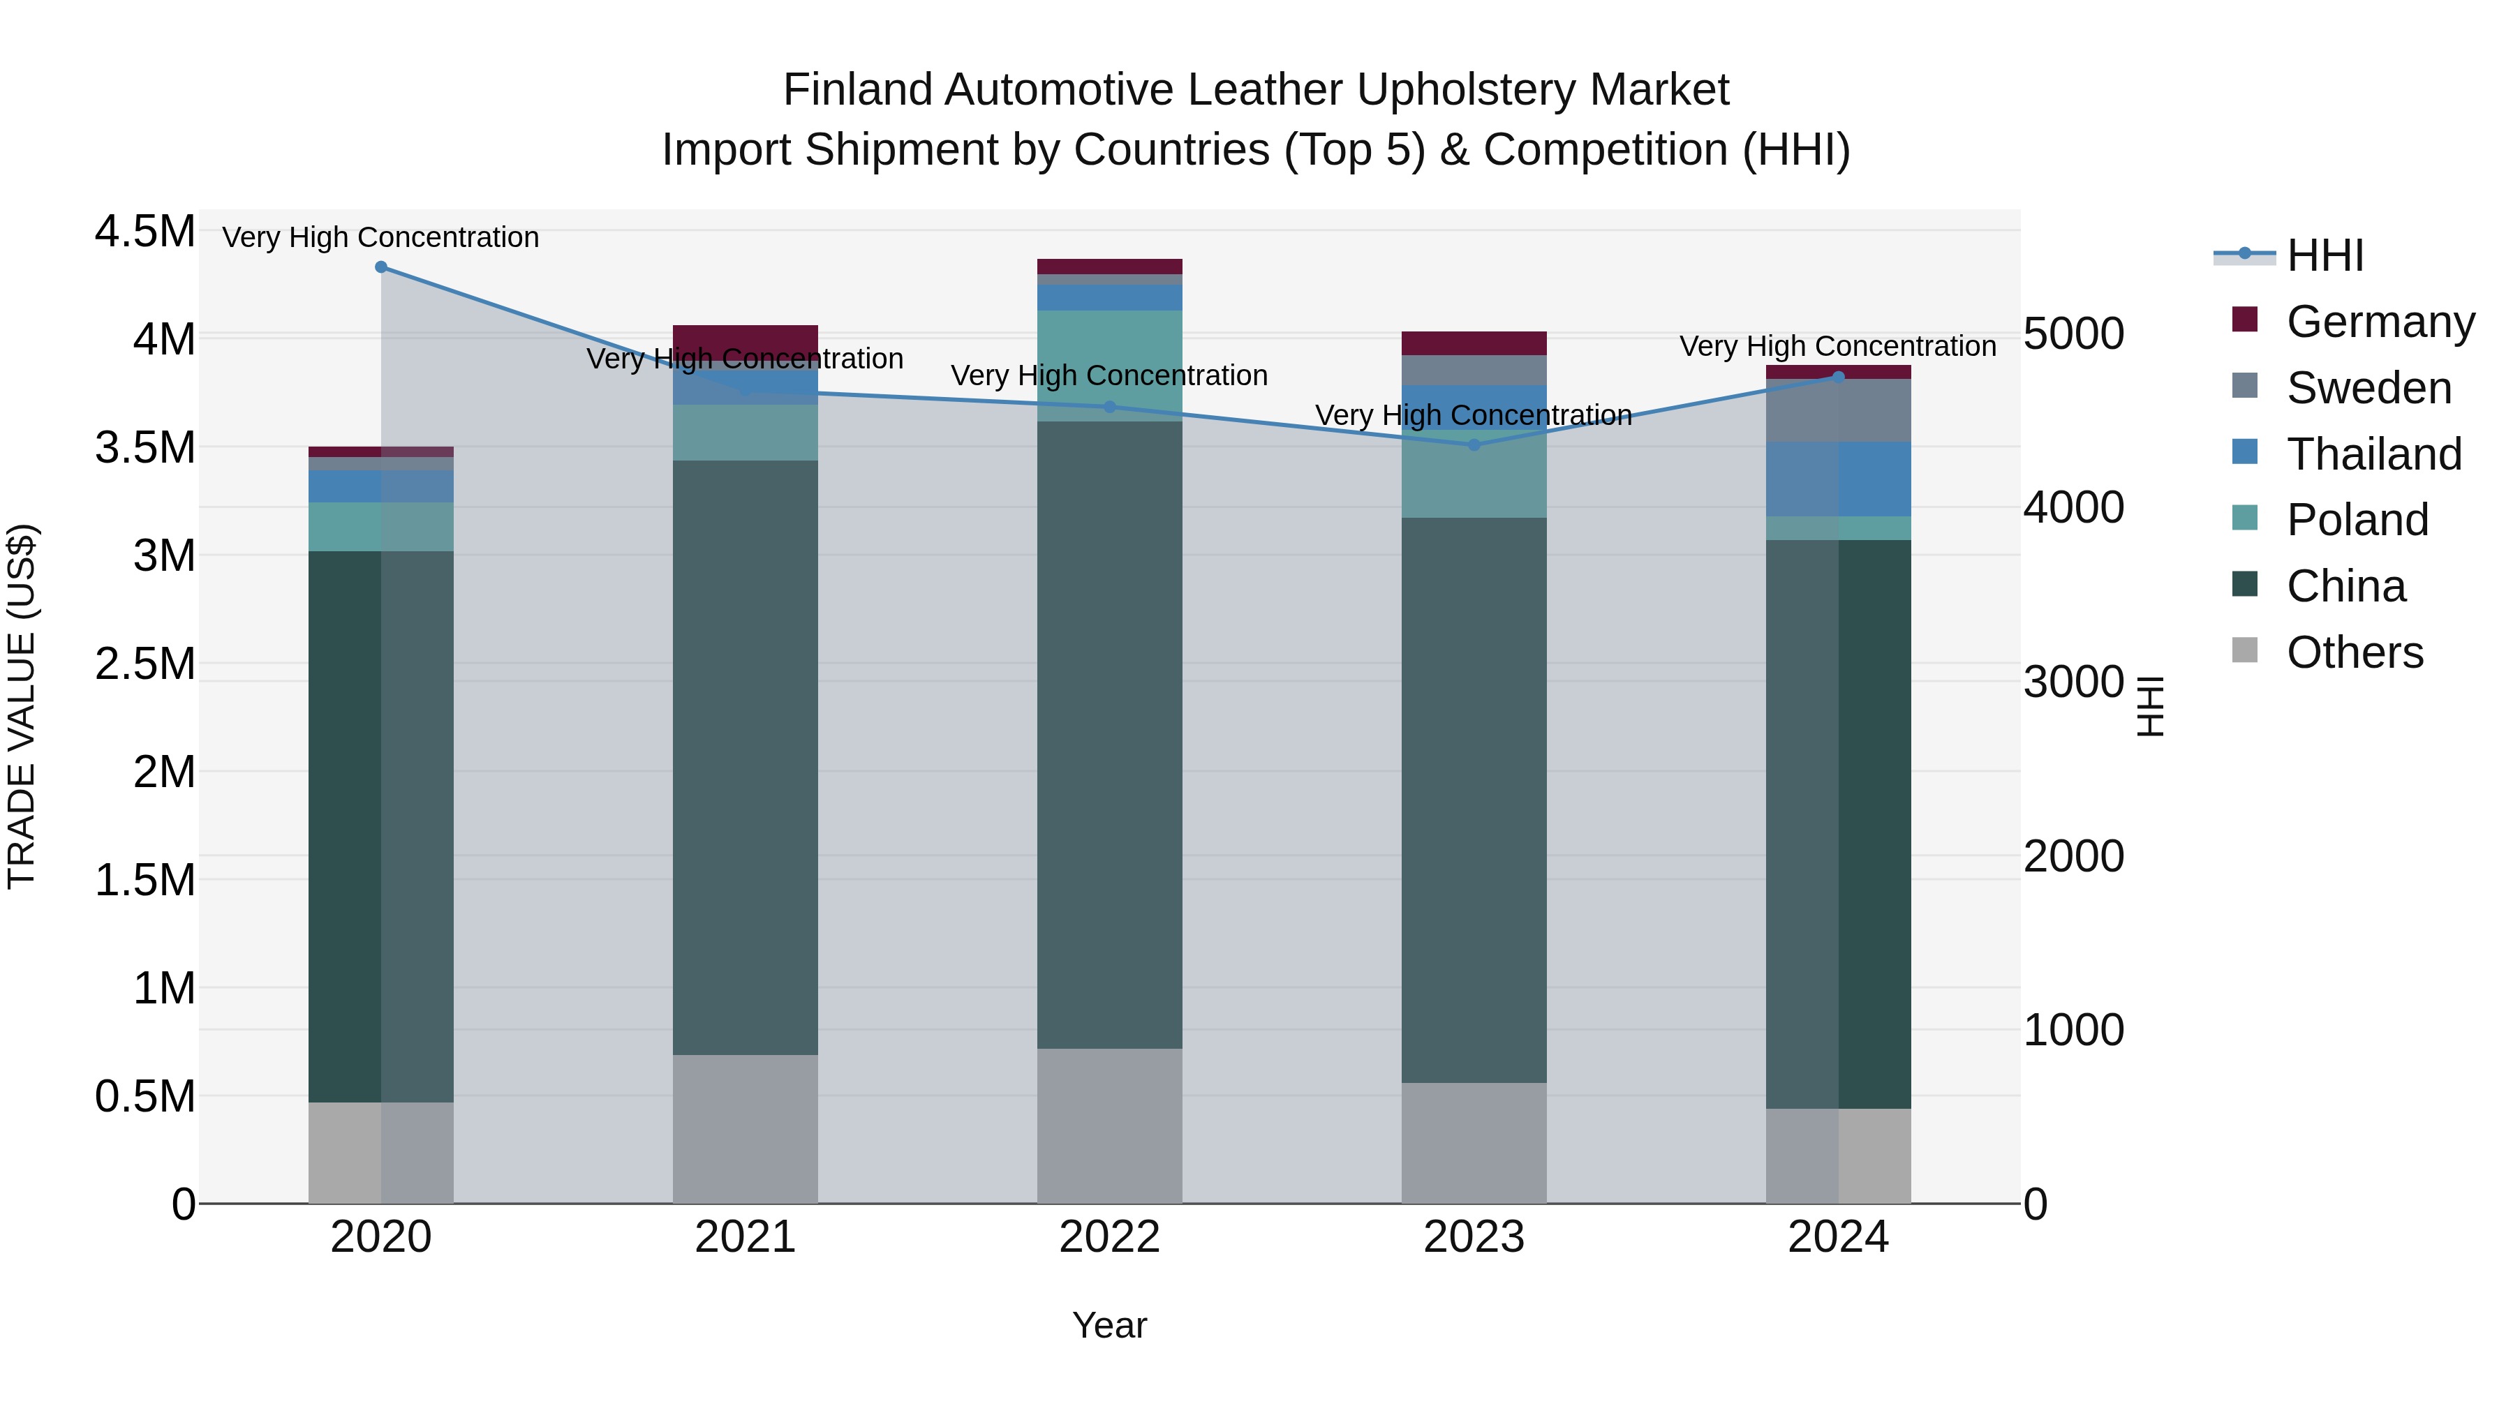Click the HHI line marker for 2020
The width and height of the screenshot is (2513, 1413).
tap(381, 267)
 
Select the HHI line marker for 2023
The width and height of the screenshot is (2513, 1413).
tap(1474, 444)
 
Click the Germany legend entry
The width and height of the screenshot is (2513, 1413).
tap(2380, 322)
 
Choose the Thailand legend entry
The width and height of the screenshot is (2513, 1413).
tap(2373, 454)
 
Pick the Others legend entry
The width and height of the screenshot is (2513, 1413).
tap(2354, 652)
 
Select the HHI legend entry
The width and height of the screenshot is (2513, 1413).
tap(2325, 255)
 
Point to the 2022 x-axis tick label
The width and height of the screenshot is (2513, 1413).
tap(1109, 1236)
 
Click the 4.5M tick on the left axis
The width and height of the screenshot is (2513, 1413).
tap(144, 232)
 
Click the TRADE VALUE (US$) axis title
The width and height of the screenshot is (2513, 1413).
tap(22, 706)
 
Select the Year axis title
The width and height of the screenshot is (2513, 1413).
tap(1109, 1325)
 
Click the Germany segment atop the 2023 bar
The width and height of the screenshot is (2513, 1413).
tap(1474, 343)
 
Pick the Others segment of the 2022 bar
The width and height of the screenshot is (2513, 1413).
tap(1109, 1126)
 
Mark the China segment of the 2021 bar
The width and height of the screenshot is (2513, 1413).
tap(746, 756)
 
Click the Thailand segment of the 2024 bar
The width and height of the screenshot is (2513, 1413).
tap(1839, 479)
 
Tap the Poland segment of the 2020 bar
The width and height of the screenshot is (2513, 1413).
tap(381, 527)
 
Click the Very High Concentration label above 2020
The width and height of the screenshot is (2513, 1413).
tap(380, 237)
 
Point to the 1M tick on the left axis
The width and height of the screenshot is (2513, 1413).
tap(164, 988)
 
